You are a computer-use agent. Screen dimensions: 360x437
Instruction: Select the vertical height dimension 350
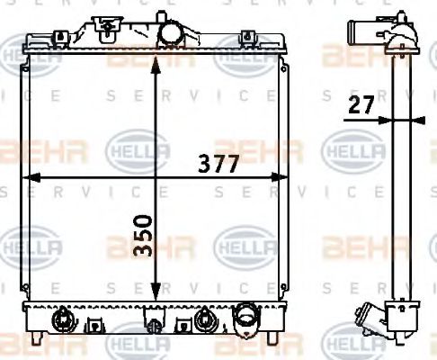[x=143, y=236]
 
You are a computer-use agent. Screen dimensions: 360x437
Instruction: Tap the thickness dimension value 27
[x=359, y=104]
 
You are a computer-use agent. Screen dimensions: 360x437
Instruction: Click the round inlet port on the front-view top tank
[x=169, y=32]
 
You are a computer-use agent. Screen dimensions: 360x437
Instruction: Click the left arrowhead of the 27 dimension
[x=386, y=118]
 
